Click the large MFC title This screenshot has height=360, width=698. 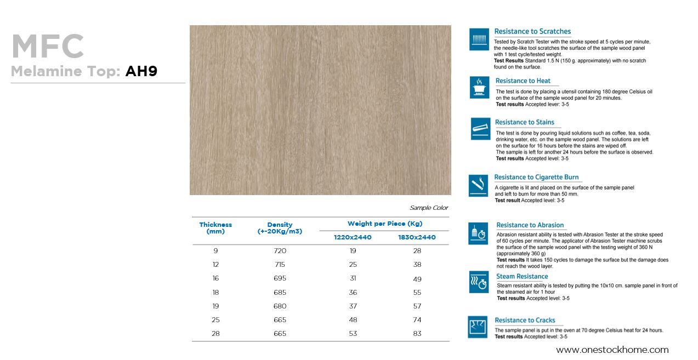pos(48,47)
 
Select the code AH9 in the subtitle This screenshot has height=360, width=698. pos(141,71)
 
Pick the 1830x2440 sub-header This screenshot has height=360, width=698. pos(417,237)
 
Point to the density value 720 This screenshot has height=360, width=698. pos(280,251)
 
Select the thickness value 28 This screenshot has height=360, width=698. pos(215,334)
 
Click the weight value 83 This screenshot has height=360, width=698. pos(417,334)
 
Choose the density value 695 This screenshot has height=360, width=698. pos(280,278)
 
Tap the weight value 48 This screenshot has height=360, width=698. pos(353,320)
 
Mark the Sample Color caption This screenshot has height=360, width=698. pos(429,208)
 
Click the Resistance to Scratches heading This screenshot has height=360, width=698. pos(532,32)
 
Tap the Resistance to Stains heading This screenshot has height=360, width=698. pos(525,122)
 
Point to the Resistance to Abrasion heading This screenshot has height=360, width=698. pos(530,225)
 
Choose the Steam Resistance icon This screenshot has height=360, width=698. pos(479,282)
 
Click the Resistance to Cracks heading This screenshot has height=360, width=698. pos(525,321)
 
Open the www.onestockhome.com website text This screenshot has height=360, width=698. pos(612,350)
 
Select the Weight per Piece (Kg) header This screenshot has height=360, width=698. pos(385,224)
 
